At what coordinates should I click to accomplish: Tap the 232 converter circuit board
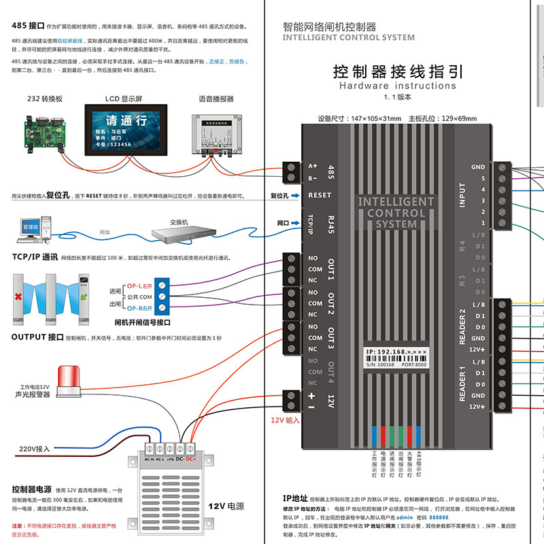pyautogui.click(x=45, y=131)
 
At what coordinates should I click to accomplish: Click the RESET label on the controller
pyautogui.click(x=320, y=195)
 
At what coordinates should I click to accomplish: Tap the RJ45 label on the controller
pyautogui.click(x=330, y=222)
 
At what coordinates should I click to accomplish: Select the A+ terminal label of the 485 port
pyautogui.click(x=313, y=166)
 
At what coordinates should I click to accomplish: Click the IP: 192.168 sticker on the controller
pyautogui.click(x=396, y=352)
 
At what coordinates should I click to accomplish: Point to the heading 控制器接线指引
pyautogui.click(x=398, y=71)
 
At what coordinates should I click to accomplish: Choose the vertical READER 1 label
pyautogui.click(x=462, y=383)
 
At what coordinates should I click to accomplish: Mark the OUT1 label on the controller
pyautogui.click(x=331, y=269)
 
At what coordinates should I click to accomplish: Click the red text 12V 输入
pyautogui.click(x=286, y=421)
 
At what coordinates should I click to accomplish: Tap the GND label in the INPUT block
pyautogui.click(x=478, y=167)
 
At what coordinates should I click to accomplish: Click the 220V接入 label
pyautogui.click(x=33, y=449)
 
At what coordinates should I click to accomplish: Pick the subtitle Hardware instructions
pyautogui.click(x=398, y=86)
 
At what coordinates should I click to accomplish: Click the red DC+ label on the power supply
pyautogui.click(x=190, y=459)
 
